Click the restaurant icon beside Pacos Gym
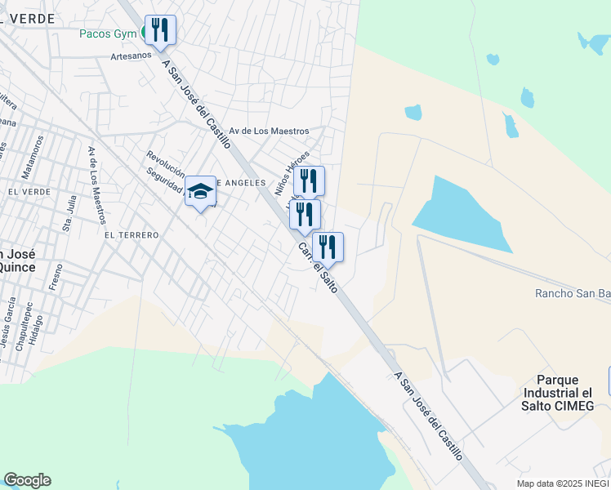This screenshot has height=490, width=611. pyautogui.click(x=160, y=30)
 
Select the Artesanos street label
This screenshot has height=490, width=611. pyautogui.click(x=132, y=57)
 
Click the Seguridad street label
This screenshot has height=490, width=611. pyautogui.click(x=163, y=180)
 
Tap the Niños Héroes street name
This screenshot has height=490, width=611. pyautogui.click(x=292, y=172)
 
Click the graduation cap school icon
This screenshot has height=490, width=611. pyautogui.click(x=200, y=192)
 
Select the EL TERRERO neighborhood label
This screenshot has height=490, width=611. pyautogui.click(x=131, y=234)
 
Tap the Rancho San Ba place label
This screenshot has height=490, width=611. pyautogui.click(x=572, y=293)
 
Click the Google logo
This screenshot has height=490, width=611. pyautogui.click(x=27, y=480)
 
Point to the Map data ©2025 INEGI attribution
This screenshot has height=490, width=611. pyautogui.click(x=563, y=483)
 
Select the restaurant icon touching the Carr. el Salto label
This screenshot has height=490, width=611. pyautogui.click(x=328, y=247)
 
